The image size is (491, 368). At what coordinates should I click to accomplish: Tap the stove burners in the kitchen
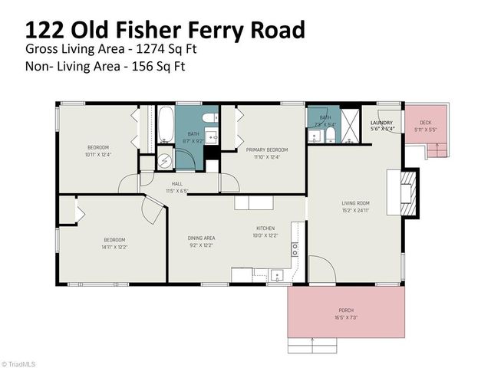coord(294,250)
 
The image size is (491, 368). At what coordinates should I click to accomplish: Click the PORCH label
coord(346,310)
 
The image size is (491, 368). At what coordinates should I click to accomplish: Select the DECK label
coord(426,123)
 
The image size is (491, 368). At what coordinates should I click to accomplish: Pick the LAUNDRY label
coord(381,123)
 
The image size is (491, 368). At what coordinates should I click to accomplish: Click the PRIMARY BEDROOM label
coord(267,149)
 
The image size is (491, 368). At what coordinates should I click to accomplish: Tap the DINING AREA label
coord(202,238)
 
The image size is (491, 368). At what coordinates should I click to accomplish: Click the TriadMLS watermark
coord(18,363)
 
